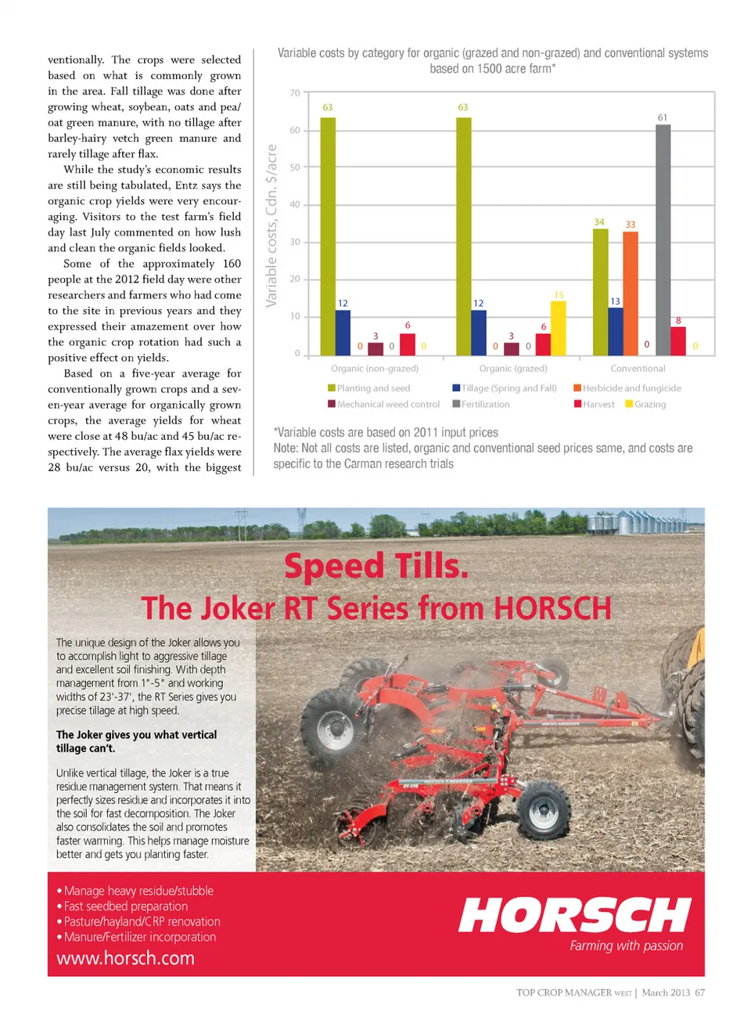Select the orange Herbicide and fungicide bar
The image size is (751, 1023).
click(x=631, y=294)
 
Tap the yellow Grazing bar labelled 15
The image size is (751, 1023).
click(x=559, y=328)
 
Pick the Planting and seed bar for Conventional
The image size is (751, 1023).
click(x=600, y=292)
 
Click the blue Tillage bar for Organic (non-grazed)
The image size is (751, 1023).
click(x=343, y=333)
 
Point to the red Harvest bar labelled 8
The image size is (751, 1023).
click(x=678, y=340)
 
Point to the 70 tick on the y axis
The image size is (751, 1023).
click(x=295, y=93)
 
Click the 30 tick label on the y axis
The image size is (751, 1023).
click(x=295, y=242)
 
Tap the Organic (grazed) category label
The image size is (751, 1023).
click(x=513, y=369)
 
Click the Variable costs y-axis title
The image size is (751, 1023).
click(x=271, y=225)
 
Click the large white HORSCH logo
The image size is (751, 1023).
click(x=575, y=915)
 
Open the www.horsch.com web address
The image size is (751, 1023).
click(x=125, y=958)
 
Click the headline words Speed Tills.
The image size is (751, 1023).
click(x=376, y=566)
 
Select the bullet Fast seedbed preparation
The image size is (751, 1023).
click(x=125, y=906)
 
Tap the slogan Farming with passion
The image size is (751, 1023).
click(x=626, y=946)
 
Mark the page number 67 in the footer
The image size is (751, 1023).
click(x=699, y=992)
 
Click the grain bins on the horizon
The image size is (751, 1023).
click(x=634, y=521)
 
